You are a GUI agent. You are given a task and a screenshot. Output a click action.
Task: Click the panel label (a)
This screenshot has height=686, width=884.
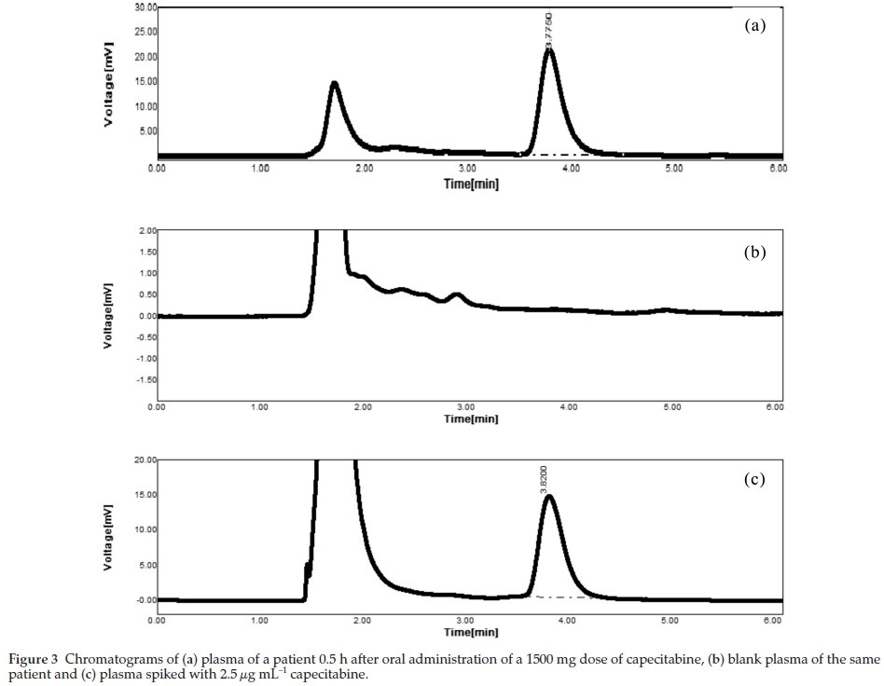pos(754,26)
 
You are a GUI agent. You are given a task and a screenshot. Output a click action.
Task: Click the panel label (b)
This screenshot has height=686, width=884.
pos(754,252)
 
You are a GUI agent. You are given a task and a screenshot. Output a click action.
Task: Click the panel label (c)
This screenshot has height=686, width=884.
pos(754,479)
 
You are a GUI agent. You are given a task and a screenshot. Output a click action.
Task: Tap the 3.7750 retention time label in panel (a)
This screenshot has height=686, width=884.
pos(549,30)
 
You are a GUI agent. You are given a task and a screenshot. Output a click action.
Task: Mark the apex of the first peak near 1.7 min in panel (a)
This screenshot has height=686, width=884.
pos(334,83)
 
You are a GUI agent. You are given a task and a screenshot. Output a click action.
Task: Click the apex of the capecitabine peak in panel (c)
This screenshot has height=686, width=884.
pos(549,496)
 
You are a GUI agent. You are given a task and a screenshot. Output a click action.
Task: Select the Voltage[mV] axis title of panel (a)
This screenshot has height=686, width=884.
pos(109,85)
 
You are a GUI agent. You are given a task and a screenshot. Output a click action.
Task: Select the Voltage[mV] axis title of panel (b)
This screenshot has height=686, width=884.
pos(109,317)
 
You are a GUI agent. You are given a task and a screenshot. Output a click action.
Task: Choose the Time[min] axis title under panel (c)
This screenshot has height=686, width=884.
pos(471,632)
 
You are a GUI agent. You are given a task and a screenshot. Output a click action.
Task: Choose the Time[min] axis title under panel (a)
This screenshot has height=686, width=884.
pos(471,184)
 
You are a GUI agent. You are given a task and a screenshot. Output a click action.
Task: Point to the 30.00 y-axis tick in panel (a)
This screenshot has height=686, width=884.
pos(145,7)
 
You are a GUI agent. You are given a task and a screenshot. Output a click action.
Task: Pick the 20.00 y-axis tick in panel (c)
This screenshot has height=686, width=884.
pos(145,460)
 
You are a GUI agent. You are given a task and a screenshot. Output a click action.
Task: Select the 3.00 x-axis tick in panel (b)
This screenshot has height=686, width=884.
pos(466,406)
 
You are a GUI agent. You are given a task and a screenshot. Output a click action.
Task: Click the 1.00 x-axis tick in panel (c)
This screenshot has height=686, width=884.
pos(259,619)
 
